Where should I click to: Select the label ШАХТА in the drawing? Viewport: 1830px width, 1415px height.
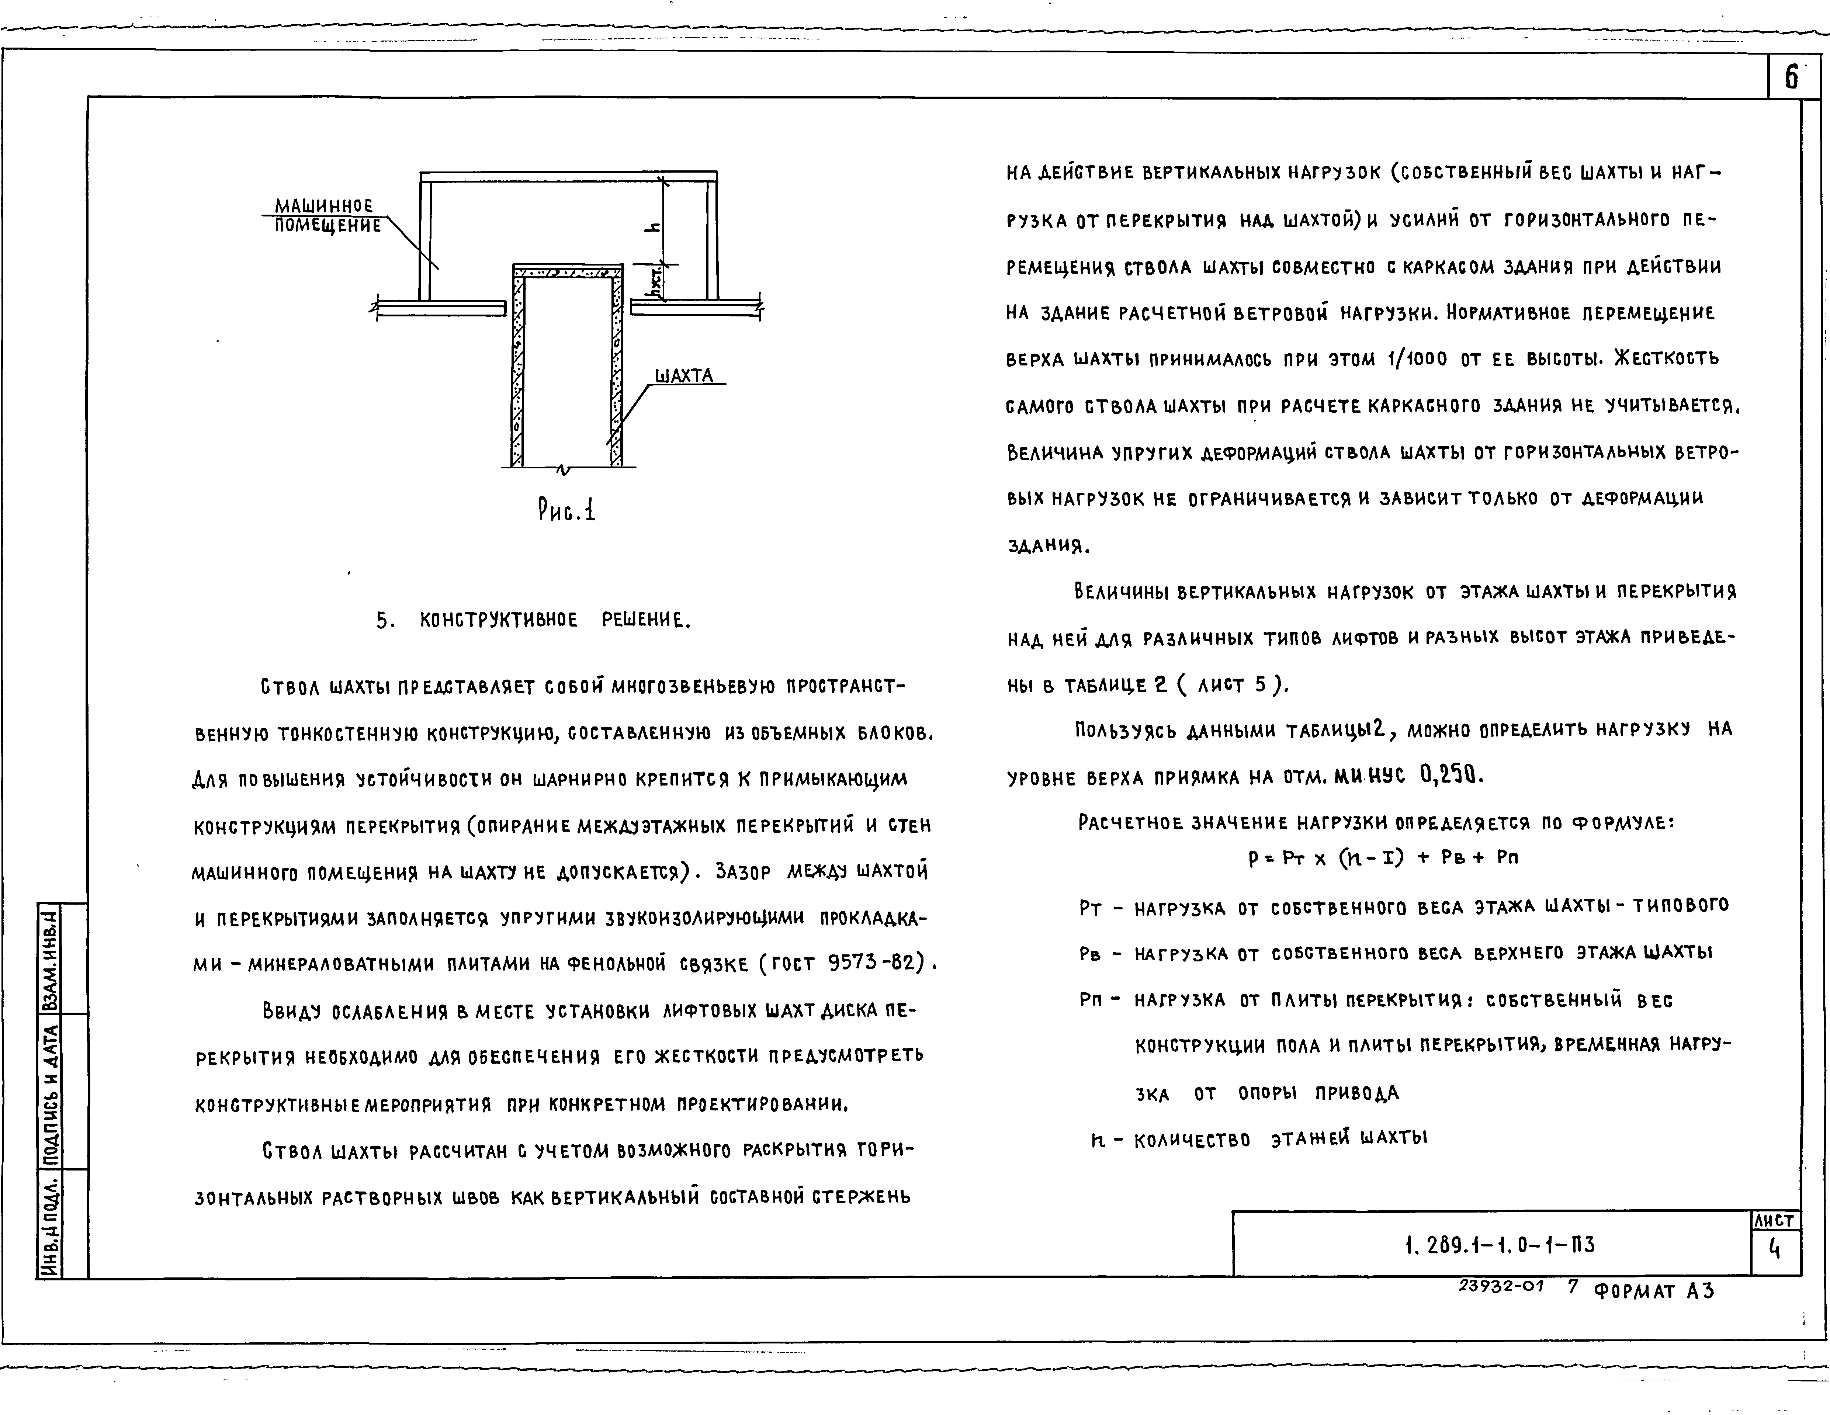point(684,375)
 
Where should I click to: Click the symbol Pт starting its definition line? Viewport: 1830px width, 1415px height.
point(1090,909)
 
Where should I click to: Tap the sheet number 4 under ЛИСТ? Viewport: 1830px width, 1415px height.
point(1774,1249)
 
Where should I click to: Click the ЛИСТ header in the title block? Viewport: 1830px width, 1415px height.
point(1774,1221)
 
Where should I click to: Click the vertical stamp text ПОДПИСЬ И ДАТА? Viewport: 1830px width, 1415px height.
point(50,1091)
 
